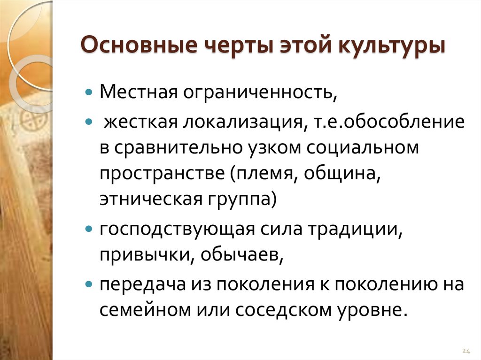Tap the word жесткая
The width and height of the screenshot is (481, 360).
coord(140,123)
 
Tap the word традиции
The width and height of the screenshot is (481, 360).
coord(356,231)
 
